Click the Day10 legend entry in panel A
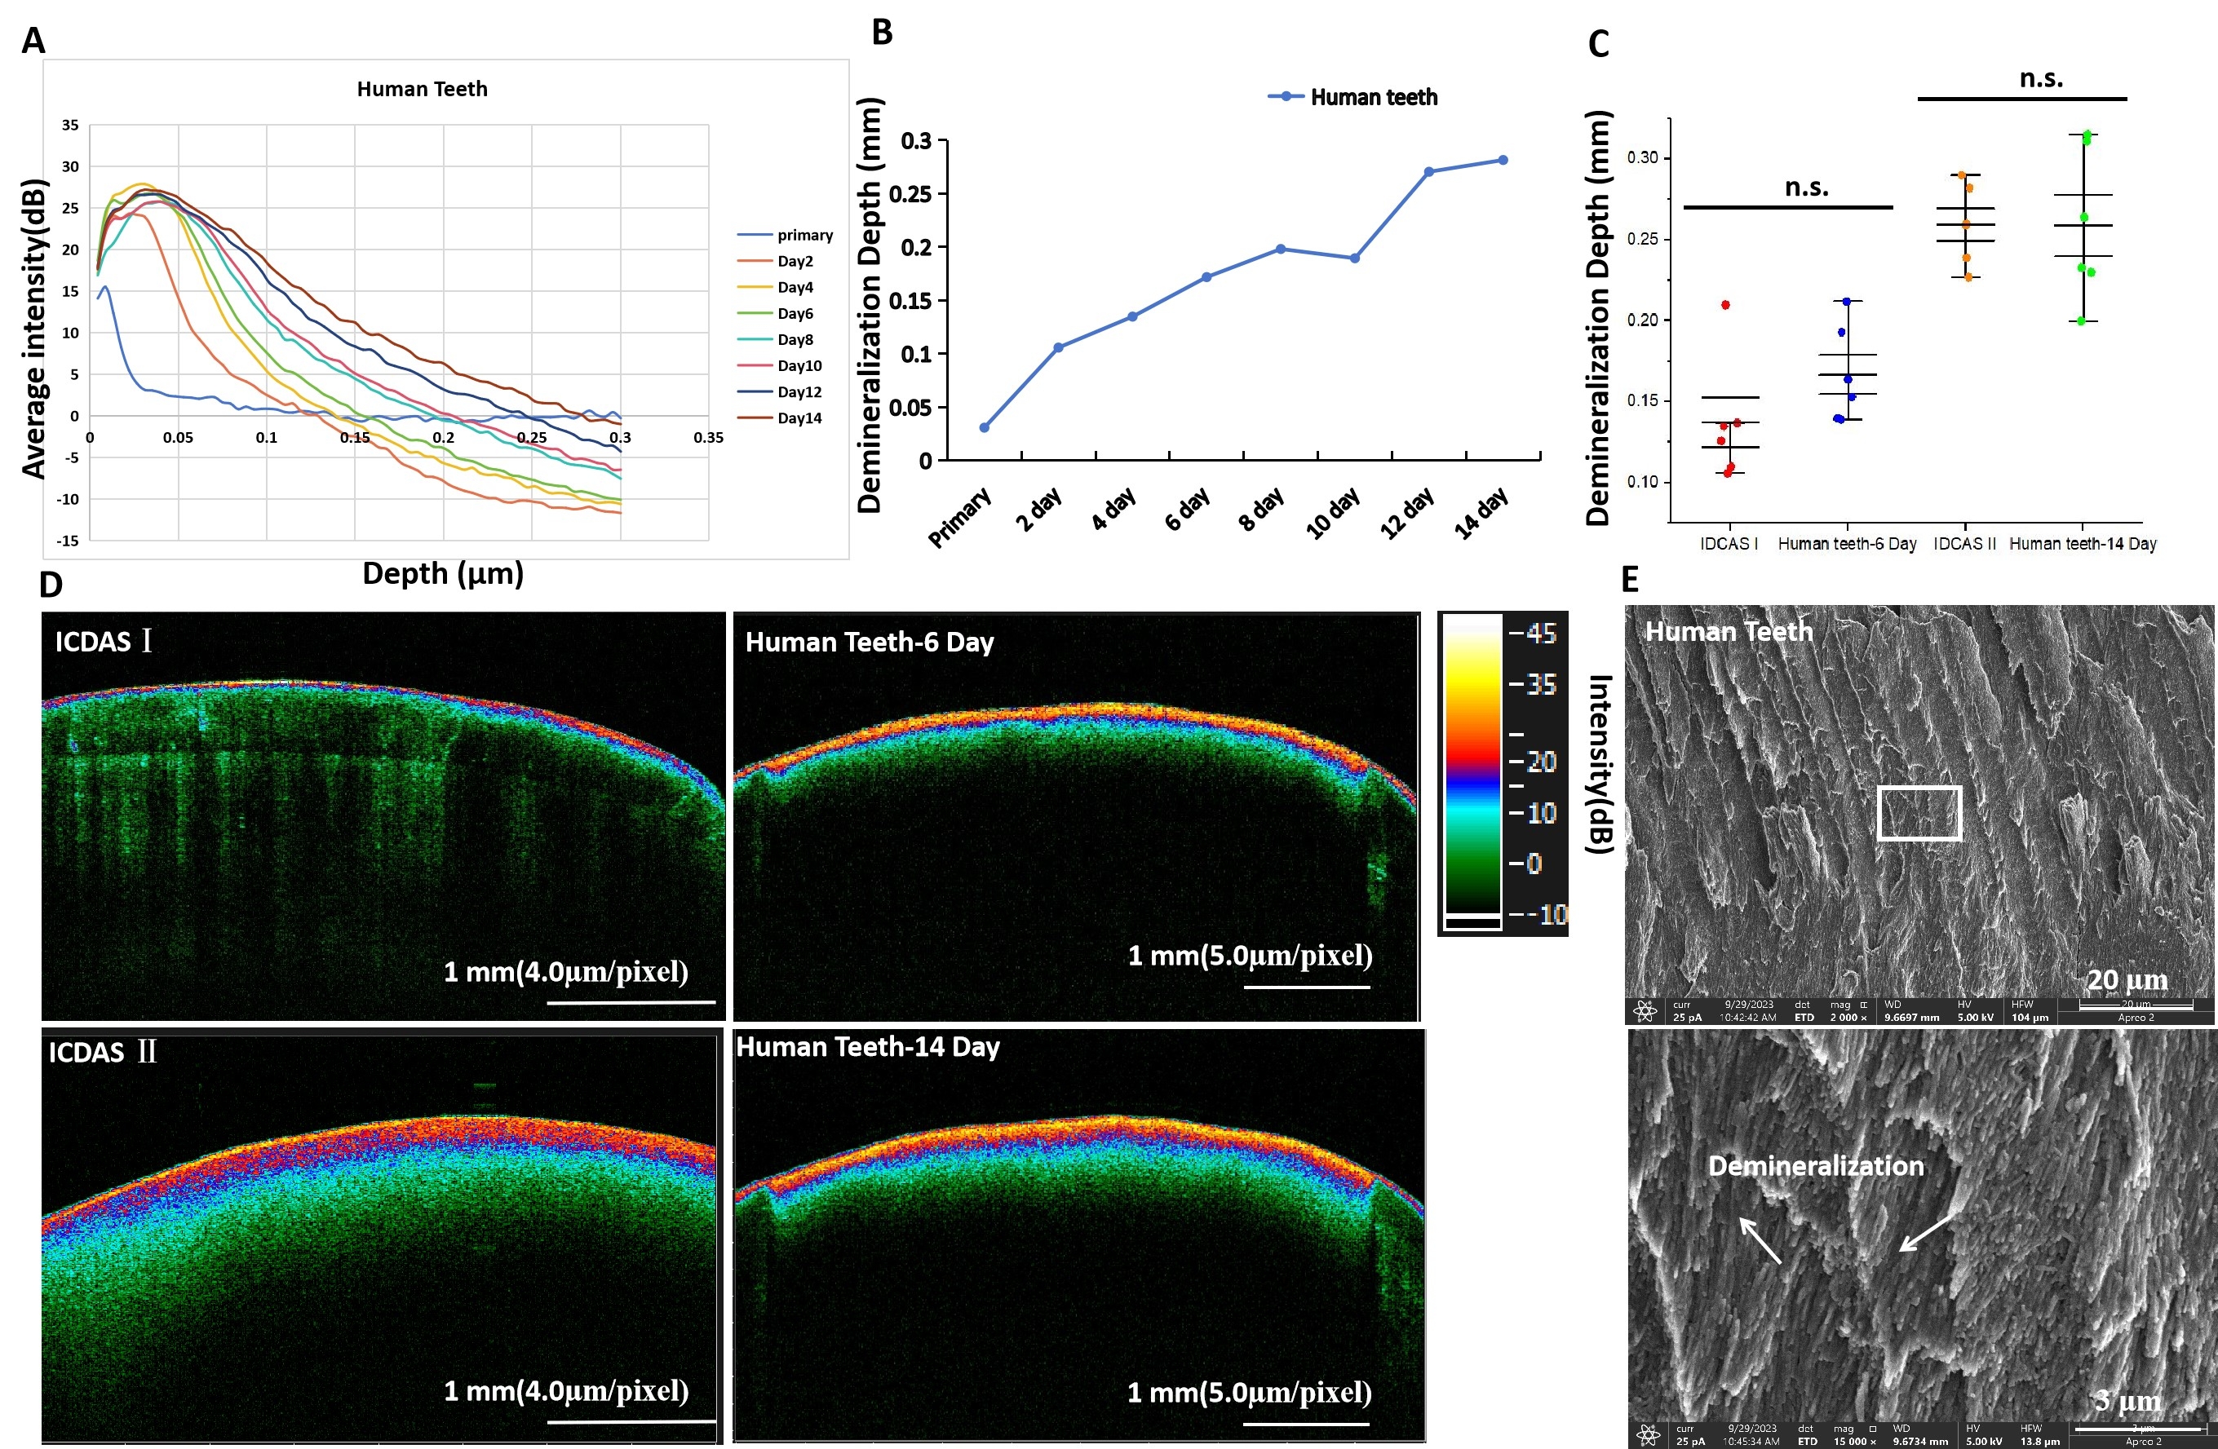pyautogui.click(x=799, y=365)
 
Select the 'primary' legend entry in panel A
pyautogui.click(x=804, y=235)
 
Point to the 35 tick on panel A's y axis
pyautogui.click(x=70, y=125)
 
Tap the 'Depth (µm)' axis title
pyautogui.click(x=443, y=572)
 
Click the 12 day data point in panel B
pyautogui.click(x=1428, y=171)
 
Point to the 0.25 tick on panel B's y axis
pyautogui.click(x=910, y=194)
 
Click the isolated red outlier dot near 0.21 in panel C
pyautogui.click(x=1725, y=305)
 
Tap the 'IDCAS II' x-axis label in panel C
pyautogui.click(x=1964, y=543)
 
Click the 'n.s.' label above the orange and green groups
pyautogui.click(x=2041, y=78)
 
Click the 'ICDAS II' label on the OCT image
pyautogui.click(x=103, y=1052)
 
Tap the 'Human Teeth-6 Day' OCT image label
pyautogui.click(x=869, y=642)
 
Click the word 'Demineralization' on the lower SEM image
pyautogui.click(x=1815, y=1166)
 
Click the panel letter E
pyautogui.click(x=1629, y=580)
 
